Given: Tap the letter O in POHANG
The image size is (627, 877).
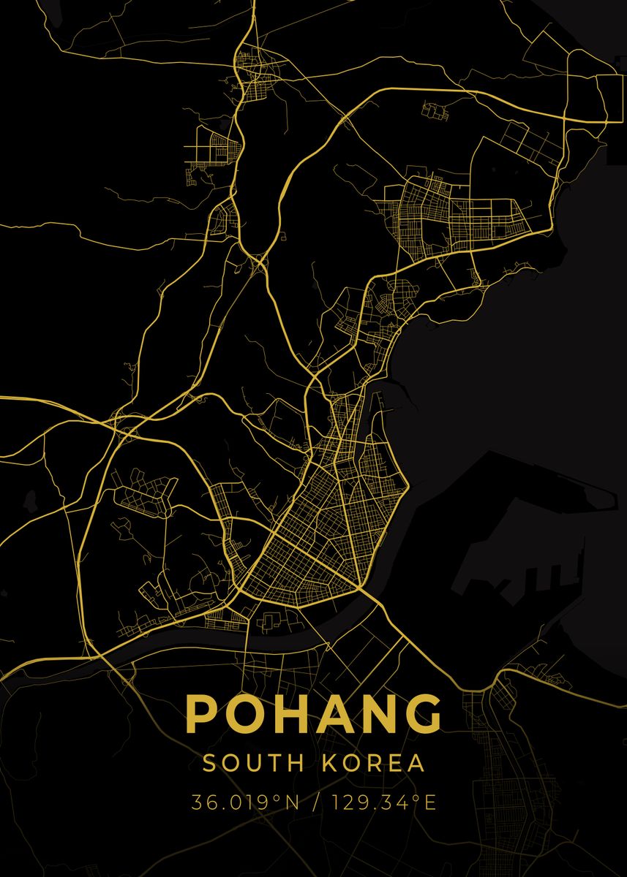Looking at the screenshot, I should coord(243,714).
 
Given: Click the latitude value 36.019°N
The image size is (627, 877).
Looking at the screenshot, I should coord(245,802).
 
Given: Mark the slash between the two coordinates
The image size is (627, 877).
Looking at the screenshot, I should coord(315,802).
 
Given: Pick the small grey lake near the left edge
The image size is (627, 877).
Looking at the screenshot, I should coord(31,500).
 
